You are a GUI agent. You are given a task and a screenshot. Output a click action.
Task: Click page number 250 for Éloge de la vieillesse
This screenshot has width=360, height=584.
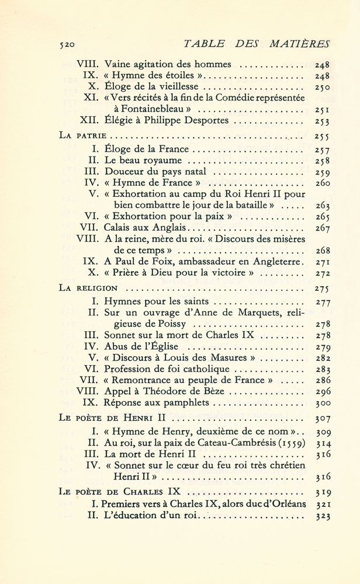click(x=321, y=87)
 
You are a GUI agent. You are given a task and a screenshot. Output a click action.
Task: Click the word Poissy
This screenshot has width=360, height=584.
click(x=150, y=324)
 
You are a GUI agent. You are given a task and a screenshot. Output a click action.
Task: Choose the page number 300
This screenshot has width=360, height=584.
click(x=321, y=403)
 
